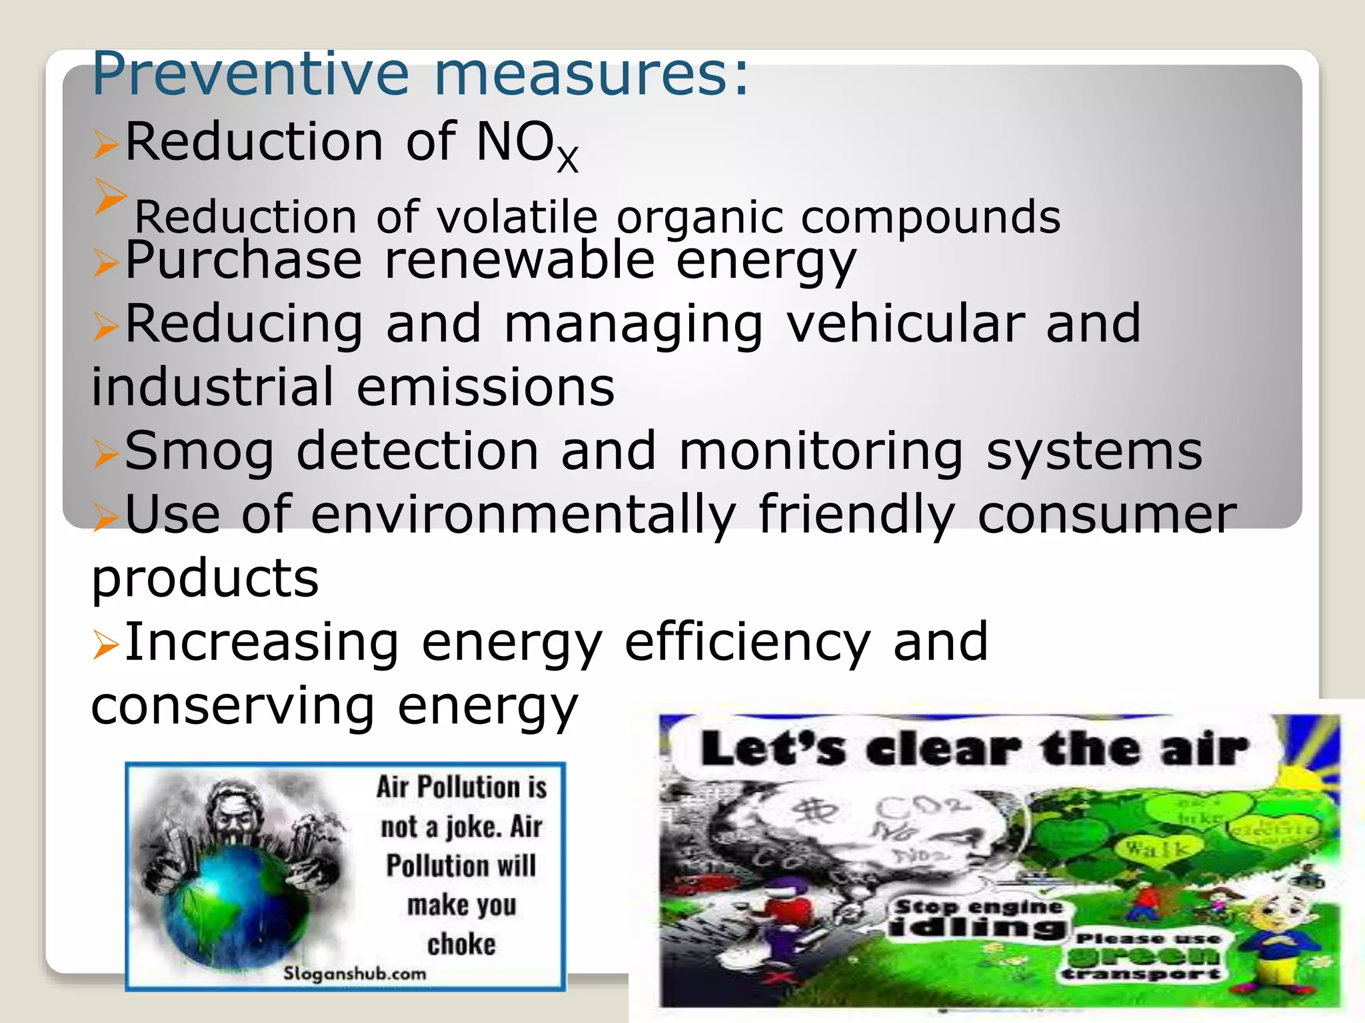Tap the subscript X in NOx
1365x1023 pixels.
coord(567,161)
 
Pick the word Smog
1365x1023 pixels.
coord(199,452)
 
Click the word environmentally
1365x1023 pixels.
coord(523,515)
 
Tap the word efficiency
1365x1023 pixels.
coord(747,642)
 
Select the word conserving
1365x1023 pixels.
coord(233,706)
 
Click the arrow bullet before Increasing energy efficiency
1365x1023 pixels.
coord(105,645)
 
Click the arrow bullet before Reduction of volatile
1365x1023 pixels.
coord(109,196)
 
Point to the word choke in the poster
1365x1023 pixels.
coord(461,944)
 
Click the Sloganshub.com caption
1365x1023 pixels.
coord(355,974)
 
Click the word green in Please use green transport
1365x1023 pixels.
coord(1144,956)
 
